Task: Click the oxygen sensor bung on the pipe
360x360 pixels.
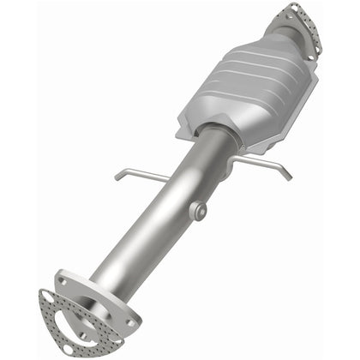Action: click(198, 209)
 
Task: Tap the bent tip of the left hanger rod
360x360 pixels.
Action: click(117, 177)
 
